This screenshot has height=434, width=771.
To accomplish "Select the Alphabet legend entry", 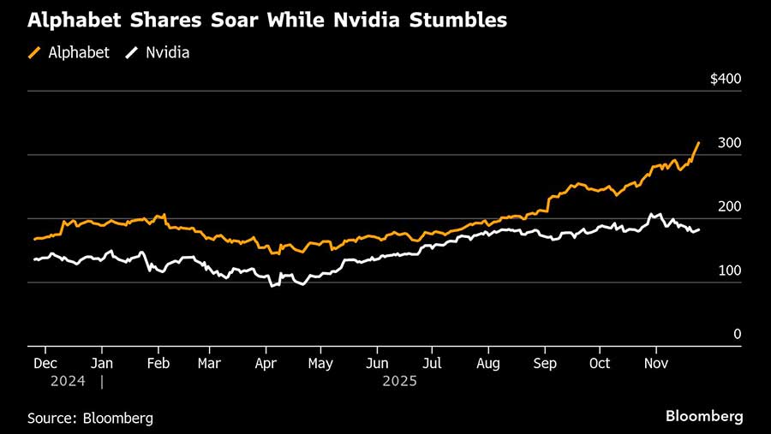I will coord(69,52).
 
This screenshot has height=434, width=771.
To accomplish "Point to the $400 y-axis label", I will coord(725,79).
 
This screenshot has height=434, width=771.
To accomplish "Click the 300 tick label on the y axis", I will coord(729,143).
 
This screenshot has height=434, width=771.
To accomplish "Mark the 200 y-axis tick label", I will coord(729,207).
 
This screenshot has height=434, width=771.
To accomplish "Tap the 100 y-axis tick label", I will coord(729,271).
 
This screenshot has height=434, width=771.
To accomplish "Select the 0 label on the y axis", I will coord(736,335).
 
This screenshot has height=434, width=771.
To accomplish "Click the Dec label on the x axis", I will coord(45,363).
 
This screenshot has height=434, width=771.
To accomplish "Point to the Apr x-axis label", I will coord(266,363).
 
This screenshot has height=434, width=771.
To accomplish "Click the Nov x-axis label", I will coord(655,363).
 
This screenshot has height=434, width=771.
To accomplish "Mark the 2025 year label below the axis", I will coord(398,381).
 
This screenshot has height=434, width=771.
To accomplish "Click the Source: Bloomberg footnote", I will coord(90,418).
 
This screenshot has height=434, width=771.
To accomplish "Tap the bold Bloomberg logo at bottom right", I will coord(704,416).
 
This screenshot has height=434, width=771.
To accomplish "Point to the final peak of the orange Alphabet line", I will coord(699,142).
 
